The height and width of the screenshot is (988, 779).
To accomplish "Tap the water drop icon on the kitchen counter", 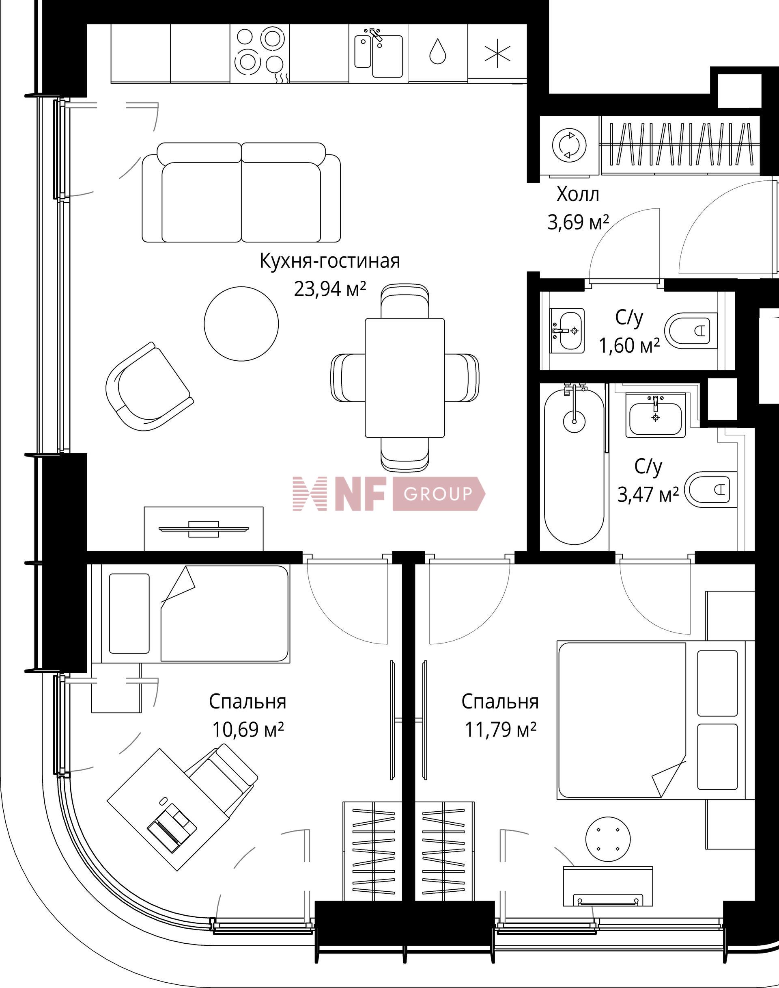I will pyautogui.click(x=437, y=51).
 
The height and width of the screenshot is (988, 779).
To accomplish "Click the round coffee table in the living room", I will pyautogui.click(x=241, y=323).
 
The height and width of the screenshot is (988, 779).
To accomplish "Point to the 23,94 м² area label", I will pyautogui.click(x=330, y=289).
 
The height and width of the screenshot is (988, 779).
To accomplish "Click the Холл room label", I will pyautogui.click(x=577, y=195).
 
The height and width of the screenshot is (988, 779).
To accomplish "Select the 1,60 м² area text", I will pyautogui.click(x=629, y=346).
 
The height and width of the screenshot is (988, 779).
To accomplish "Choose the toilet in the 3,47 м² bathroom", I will pyautogui.click(x=710, y=490).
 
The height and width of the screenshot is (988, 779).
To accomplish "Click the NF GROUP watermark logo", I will pyautogui.click(x=389, y=494).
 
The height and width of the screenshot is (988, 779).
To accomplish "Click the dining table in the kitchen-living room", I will pyautogui.click(x=405, y=377).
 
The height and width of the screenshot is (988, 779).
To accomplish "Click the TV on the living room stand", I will pyautogui.click(x=203, y=529).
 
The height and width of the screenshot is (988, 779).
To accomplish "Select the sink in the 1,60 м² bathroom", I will pyautogui.click(x=567, y=331).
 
